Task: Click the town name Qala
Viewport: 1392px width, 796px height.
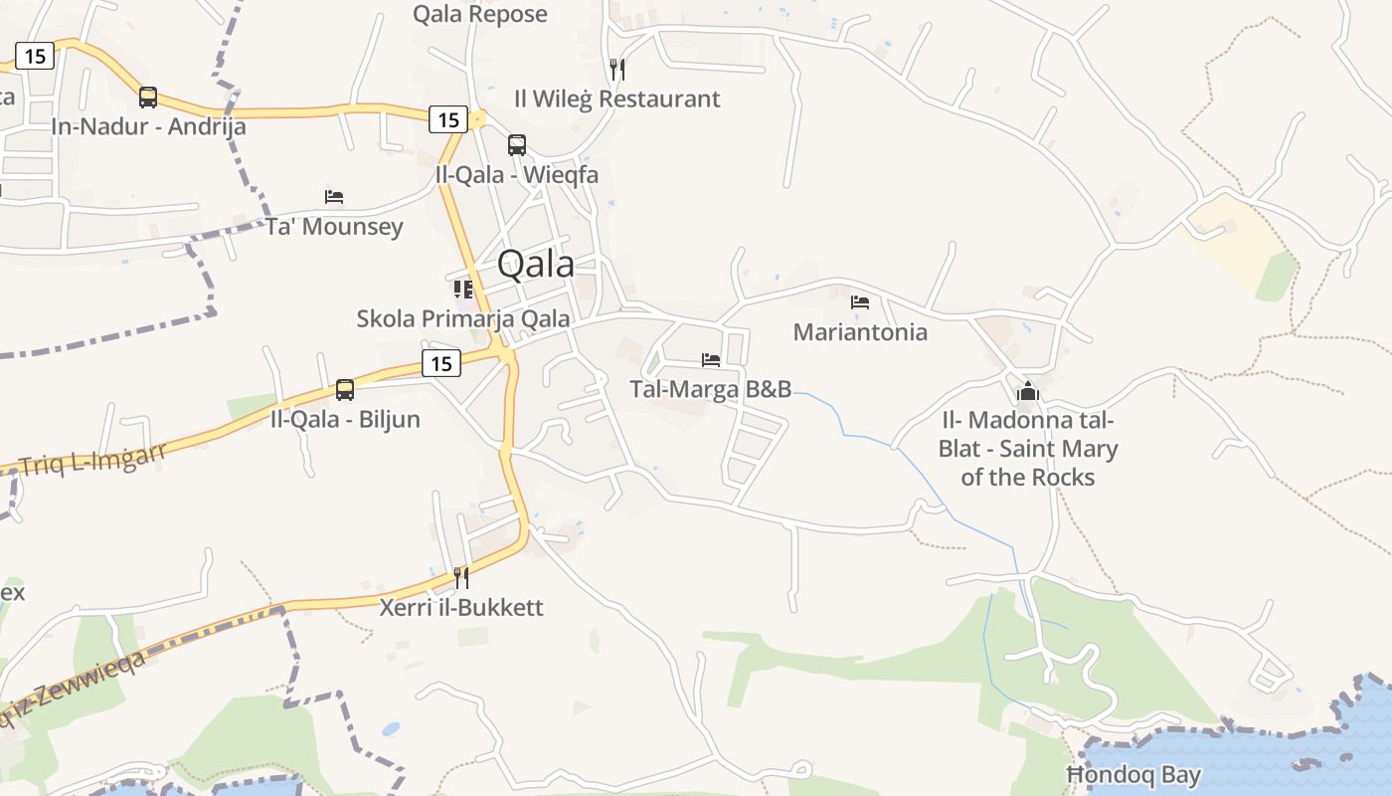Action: click(x=535, y=264)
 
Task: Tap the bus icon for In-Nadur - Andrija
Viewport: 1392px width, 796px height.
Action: click(x=148, y=98)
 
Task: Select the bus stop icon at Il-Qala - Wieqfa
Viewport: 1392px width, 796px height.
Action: click(x=517, y=145)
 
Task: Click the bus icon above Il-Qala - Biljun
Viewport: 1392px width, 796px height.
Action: click(x=345, y=390)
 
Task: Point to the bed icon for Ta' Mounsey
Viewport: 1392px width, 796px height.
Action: click(x=334, y=197)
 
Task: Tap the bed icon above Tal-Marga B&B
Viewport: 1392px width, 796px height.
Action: click(x=711, y=360)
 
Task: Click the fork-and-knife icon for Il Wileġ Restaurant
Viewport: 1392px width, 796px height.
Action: click(x=617, y=70)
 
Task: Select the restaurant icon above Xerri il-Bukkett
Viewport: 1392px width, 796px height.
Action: click(x=461, y=578)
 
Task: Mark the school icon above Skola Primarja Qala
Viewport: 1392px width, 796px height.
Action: click(x=463, y=290)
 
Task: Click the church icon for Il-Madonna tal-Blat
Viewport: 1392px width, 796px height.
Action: click(x=1028, y=391)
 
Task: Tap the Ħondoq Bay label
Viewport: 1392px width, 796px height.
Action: click(x=1133, y=775)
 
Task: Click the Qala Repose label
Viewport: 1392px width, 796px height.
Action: click(x=480, y=14)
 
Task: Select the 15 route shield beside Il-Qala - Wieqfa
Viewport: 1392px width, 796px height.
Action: click(x=448, y=120)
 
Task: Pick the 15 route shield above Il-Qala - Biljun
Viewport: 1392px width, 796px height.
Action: click(x=441, y=364)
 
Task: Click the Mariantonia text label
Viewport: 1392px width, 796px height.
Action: click(x=860, y=332)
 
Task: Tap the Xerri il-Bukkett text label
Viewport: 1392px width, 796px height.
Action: click(x=461, y=607)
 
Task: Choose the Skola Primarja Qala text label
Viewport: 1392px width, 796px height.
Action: click(x=463, y=318)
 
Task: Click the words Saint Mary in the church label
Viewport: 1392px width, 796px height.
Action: click(x=1058, y=450)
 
